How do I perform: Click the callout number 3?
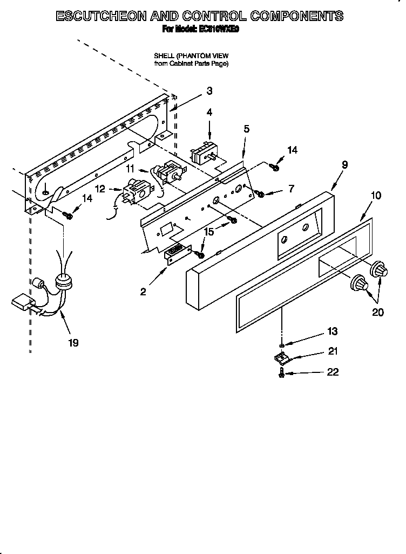[x=209, y=91]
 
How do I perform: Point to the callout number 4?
[x=209, y=112]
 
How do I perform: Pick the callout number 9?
[x=344, y=165]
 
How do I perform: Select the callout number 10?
[x=376, y=195]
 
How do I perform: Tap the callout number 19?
[x=73, y=342]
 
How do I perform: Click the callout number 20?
[x=378, y=311]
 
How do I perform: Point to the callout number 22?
[x=333, y=372]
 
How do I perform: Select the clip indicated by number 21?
[x=281, y=357]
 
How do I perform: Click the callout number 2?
[x=143, y=292]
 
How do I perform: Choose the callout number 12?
[x=100, y=188]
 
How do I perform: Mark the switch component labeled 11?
[x=169, y=173]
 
